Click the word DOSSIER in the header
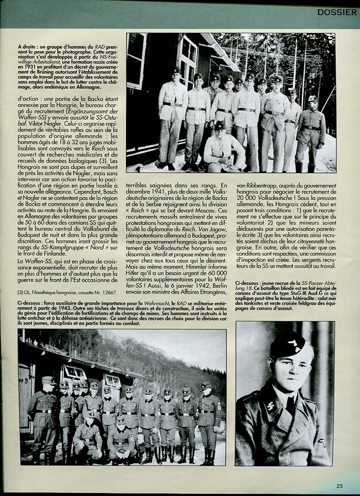(337, 12)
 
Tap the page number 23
(339, 486)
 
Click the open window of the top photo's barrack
(188, 57)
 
